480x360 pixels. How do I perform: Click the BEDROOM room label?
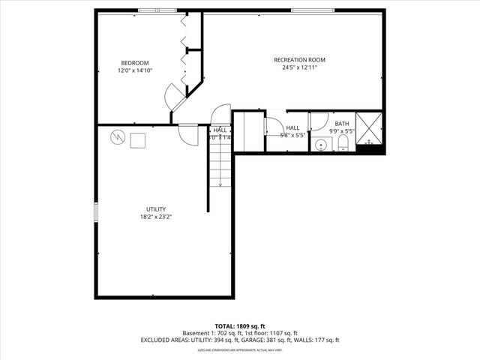[x=135, y=62]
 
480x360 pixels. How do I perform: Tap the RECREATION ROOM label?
[x=295, y=59]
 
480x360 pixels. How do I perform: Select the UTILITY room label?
[x=156, y=209]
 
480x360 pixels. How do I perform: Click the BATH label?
[x=342, y=124]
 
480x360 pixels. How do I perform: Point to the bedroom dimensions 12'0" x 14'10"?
[x=135, y=70]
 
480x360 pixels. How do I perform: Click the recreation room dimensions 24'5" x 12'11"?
[x=295, y=67]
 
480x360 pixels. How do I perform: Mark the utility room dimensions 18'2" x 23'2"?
[x=156, y=217]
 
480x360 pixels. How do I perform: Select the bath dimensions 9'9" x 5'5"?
[x=342, y=131]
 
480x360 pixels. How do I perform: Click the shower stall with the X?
[x=369, y=127]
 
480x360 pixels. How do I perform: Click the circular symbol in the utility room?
[x=118, y=137]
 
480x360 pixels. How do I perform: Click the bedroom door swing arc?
[x=175, y=95]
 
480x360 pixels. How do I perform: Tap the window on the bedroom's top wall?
[x=157, y=10]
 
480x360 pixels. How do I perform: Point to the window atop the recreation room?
[x=313, y=10]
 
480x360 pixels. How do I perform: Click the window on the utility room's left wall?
[x=95, y=211]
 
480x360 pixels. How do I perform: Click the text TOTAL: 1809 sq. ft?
[x=240, y=326]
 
